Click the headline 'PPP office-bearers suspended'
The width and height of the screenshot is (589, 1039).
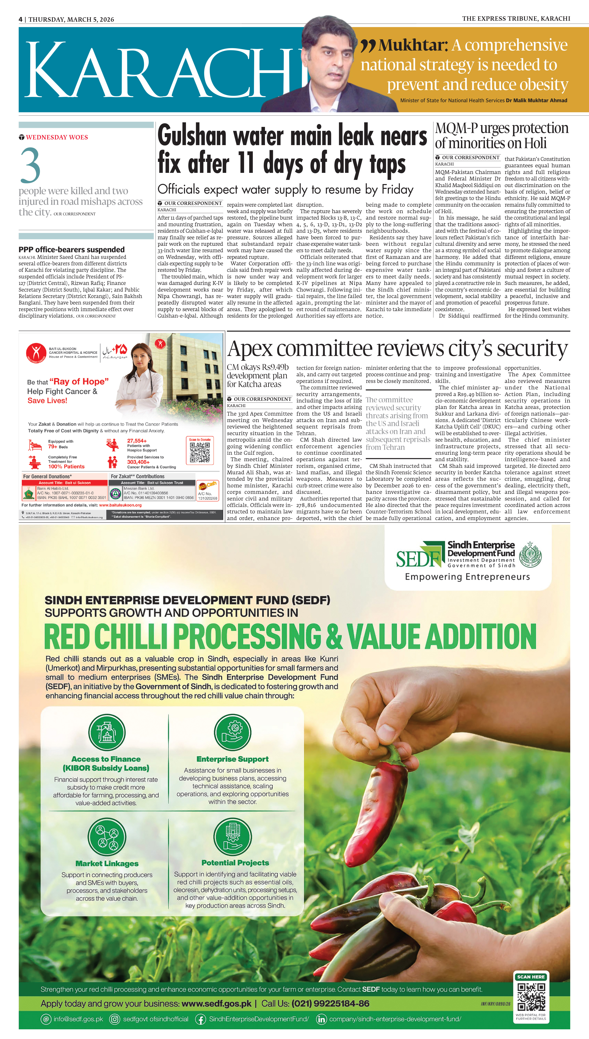coord(72,250)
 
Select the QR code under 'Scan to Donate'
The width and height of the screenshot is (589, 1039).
coord(200,452)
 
